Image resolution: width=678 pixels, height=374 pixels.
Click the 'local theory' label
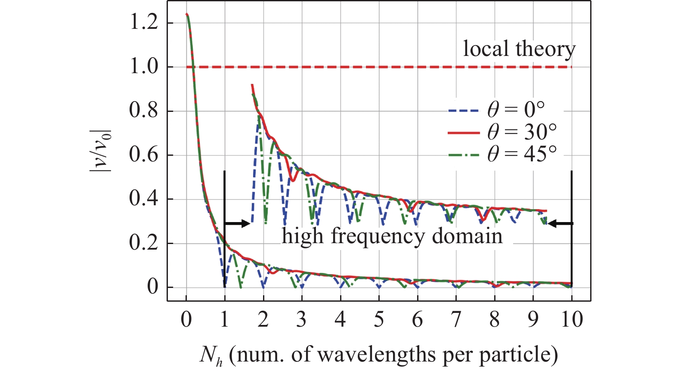coord(519,49)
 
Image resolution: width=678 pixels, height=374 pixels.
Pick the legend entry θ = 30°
coord(503,132)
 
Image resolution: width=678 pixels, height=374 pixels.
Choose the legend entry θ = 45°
coord(503,154)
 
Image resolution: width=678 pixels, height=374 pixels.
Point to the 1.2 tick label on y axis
coord(144,22)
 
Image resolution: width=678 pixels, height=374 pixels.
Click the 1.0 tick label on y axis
coord(144,67)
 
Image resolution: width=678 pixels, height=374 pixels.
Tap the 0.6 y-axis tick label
coord(144,155)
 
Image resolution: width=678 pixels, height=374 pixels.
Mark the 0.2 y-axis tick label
coord(144,243)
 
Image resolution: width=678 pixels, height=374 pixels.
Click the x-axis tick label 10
coord(572,319)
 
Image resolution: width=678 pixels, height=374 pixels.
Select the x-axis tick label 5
coord(379,319)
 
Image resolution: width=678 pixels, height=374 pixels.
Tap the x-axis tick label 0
coord(186,319)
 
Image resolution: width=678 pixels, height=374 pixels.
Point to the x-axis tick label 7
coord(456,319)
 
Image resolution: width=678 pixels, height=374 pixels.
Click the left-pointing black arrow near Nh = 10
coord(560,223)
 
